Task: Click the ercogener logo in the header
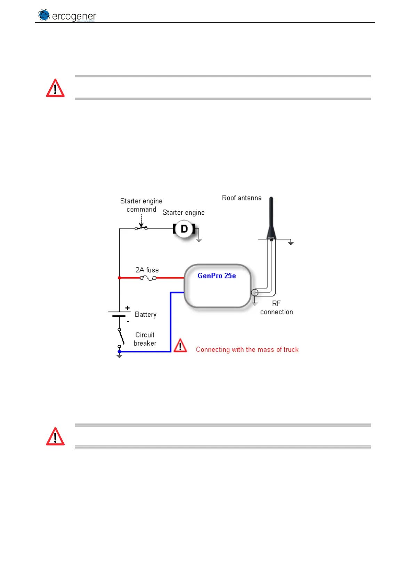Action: tap(67, 15)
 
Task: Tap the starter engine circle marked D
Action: tap(184, 229)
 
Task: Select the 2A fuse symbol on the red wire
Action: tap(148, 278)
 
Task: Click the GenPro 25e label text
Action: tap(217, 276)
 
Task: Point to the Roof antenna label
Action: tap(242, 198)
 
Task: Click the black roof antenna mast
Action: tap(271, 216)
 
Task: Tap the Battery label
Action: tap(145, 315)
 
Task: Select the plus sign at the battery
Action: tap(128, 308)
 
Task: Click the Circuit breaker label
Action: tap(145, 339)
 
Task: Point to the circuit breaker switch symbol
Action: tap(121, 337)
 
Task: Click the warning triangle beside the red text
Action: tap(180, 346)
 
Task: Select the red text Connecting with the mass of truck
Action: tap(247, 350)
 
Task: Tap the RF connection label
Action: tap(276, 308)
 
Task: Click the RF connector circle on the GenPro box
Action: tap(254, 292)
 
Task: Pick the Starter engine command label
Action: tap(141, 205)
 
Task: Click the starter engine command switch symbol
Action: tap(141, 228)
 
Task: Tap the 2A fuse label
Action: tap(147, 270)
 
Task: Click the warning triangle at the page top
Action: tap(55, 88)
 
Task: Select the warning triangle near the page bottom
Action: tap(55, 437)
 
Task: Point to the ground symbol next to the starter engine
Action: tap(199, 239)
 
